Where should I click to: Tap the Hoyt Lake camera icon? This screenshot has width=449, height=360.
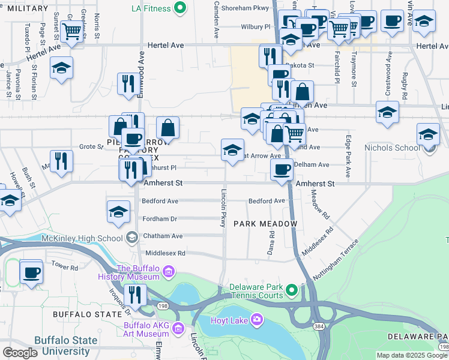pyautogui.click(x=257, y=319)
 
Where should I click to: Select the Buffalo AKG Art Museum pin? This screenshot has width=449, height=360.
pyautogui.click(x=178, y=328)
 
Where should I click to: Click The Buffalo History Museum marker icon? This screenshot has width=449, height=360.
pyautogui.click(x=169, y=273)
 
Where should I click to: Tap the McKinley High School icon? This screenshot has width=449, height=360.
pyautogui.click(x=131, y=238)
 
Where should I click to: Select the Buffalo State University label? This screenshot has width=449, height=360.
pyautogui.click(x=65, y=346)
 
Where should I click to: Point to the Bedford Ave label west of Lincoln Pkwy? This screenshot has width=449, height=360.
pyautogui.click(x=160, y=201)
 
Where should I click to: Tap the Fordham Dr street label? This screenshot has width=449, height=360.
pyautogui.click(x=160, y=219)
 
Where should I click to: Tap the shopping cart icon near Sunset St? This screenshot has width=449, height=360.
pyautogui.click(x=72, y=31)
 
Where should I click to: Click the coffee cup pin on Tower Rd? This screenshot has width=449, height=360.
pyautogui.click(x=31, y=272)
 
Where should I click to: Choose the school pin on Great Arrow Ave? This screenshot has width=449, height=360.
pyautogui.click(x=232, y=150)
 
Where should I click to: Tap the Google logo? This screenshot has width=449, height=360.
pyautogui.click(x=20, y=353)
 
